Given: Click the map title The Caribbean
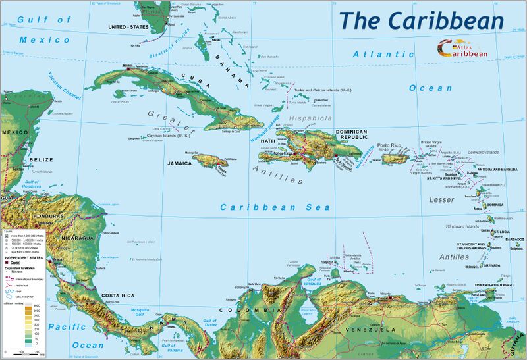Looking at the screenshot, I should click(422, 20).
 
